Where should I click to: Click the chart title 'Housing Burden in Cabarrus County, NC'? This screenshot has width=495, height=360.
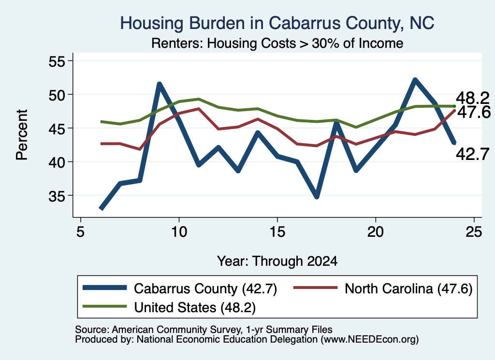277,23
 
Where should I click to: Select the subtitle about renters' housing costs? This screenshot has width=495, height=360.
277,43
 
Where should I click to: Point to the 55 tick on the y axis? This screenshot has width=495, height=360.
57,61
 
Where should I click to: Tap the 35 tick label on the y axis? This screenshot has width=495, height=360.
57,196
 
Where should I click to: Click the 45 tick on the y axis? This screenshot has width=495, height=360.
57,129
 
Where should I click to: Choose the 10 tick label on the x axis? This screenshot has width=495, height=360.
179,232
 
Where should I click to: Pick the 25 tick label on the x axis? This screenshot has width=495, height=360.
474,232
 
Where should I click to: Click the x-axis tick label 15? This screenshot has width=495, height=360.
277,232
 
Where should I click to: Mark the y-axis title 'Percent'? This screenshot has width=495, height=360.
22,135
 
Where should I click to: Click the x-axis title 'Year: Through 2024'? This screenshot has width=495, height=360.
277,261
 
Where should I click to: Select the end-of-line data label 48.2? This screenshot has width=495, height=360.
473,99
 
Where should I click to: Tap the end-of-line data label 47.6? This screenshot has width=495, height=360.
474,112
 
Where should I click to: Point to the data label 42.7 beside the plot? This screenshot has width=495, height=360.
473,154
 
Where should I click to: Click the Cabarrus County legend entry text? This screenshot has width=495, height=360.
205,288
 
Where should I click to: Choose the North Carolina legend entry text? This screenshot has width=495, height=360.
408,288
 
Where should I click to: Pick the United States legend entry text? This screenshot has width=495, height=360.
195,307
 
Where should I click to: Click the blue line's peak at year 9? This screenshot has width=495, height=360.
160,84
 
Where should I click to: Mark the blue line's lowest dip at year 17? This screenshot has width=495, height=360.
317,196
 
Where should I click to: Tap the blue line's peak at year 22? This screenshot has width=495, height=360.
415,80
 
